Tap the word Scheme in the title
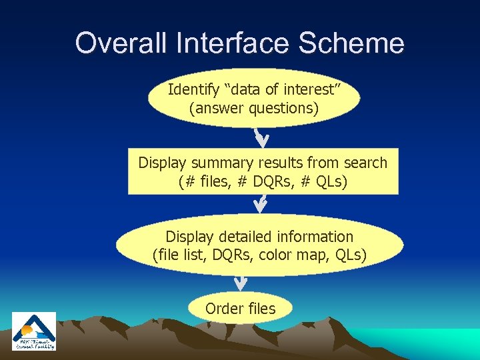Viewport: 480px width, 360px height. [351, 43]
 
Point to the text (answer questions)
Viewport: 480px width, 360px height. [253, 108]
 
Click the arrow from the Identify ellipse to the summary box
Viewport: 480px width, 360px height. [261, 137]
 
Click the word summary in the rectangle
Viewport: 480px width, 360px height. [225, 163]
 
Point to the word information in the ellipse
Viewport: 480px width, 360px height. [317, 237]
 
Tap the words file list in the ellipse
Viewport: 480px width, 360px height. [179, 255]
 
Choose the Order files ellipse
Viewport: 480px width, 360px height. [240, 309]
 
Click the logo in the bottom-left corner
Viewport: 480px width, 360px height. [34, 331]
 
